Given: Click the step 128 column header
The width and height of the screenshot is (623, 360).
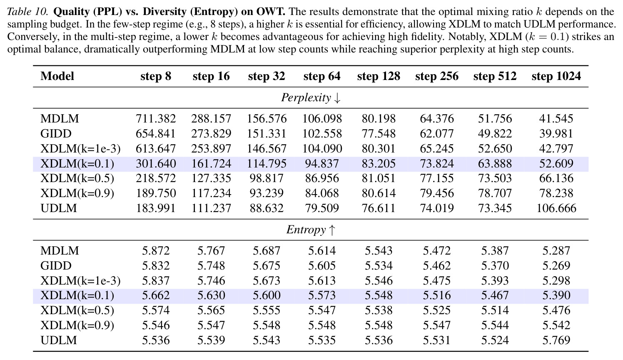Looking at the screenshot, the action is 379,76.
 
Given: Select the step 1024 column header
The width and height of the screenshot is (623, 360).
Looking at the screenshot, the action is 556,76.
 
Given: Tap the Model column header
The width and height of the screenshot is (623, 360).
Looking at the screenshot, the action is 57,76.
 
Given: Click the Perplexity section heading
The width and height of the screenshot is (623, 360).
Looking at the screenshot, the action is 311,97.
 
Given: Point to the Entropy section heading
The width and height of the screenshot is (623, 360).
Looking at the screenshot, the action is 311,230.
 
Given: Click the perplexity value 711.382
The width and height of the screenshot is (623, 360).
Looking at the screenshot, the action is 156,119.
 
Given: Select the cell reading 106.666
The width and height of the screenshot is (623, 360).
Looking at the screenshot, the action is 556,208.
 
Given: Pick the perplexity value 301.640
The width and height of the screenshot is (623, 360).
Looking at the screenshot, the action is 156,164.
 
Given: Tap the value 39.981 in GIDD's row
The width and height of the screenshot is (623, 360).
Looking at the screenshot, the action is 556,134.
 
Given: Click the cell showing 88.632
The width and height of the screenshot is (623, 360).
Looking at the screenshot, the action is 267,208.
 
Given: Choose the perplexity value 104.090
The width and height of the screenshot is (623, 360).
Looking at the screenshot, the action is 322,149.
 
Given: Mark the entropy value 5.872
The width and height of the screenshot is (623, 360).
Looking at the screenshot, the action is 156,251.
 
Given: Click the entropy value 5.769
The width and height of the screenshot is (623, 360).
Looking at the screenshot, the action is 556,340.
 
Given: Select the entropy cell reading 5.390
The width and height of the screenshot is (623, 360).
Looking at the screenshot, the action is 556,295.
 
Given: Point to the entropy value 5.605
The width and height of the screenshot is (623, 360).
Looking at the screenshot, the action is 322,266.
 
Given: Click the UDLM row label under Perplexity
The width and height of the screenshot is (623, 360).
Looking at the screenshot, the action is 58,208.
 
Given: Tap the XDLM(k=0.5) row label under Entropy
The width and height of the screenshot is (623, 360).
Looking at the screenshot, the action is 77,310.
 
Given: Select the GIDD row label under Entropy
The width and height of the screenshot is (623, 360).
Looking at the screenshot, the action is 56,266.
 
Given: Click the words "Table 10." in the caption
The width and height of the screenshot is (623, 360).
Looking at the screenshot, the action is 28,12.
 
